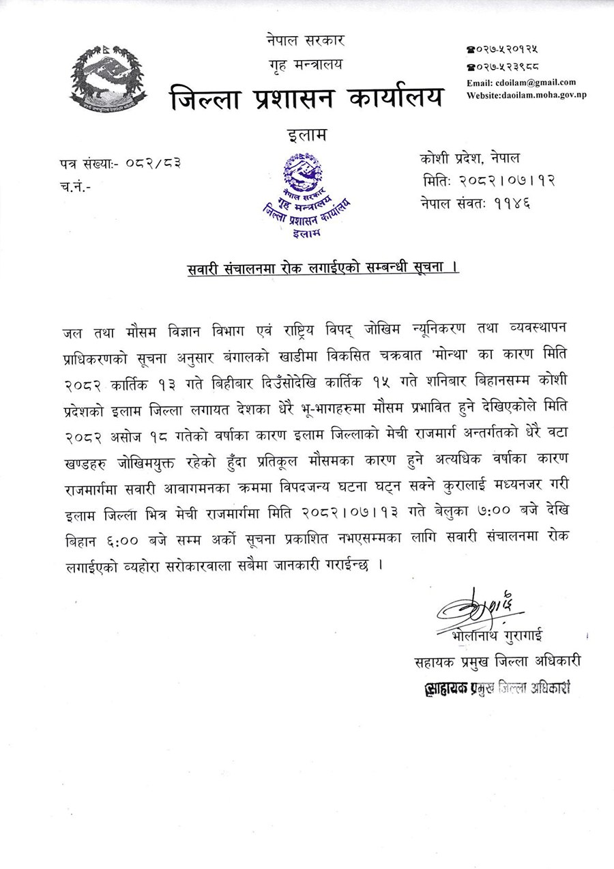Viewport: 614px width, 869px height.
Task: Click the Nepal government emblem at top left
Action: tap(108, 78)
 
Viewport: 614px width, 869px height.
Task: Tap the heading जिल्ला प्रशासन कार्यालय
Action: tap(306, 98)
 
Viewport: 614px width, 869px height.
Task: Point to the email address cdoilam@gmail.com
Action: tap(521, 83)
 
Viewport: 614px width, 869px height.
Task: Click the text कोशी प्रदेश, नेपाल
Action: tap(470, 159)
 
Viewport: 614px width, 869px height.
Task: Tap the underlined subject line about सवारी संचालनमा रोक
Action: tap(323, 268)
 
